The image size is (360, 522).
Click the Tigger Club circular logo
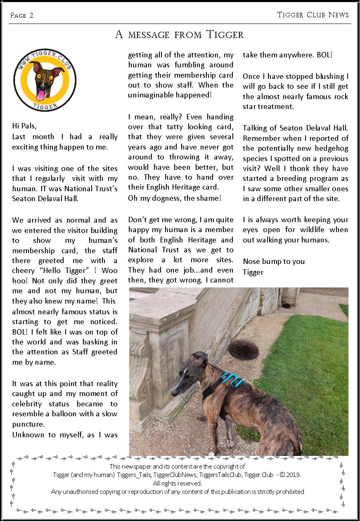tap(45, 80)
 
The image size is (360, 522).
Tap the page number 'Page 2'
tap(22, 16)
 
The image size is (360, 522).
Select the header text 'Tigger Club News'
tap(313, 15)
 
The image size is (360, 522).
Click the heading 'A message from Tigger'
tap(179, 35)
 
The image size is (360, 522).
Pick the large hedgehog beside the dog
tap(244, 349)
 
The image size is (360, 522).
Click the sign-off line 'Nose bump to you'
tap(274, 261)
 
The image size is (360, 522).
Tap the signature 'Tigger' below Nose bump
tap(253, 272)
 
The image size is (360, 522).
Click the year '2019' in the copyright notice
tap(293, 475)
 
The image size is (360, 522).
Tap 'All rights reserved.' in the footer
tap(178, 483)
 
